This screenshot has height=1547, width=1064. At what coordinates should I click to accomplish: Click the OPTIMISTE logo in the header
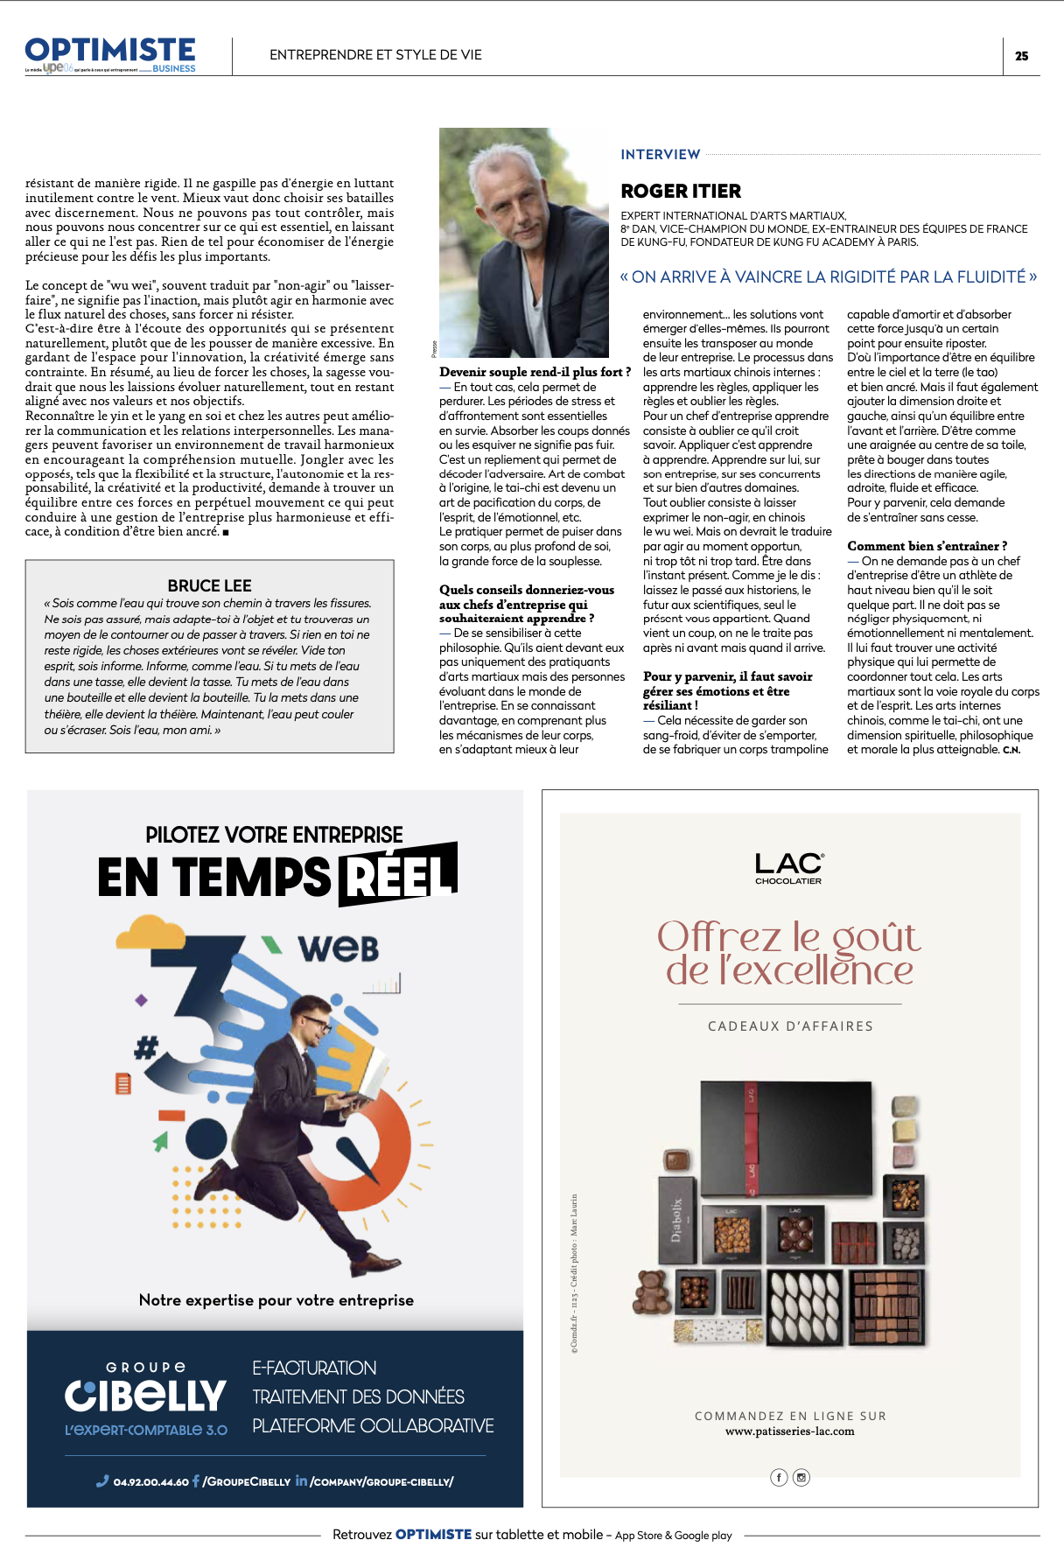pos(110,51)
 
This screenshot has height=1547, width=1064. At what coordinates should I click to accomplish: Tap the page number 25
pos(1021,56)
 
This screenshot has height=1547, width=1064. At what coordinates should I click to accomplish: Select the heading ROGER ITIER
pos(681,192)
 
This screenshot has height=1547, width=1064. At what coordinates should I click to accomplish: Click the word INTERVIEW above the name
pos(661,155)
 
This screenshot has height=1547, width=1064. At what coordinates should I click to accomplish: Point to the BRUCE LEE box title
pos(209,585)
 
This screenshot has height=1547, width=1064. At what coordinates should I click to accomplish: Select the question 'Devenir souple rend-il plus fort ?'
pos(535,372)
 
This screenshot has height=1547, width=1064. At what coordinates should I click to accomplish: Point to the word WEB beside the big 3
pos(339,948)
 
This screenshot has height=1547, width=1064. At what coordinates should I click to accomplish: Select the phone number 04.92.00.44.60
pos(150,1482)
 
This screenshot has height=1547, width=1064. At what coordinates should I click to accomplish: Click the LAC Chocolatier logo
pos(788,868)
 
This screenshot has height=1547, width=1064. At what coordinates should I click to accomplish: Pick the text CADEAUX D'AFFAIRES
pos(790,1026)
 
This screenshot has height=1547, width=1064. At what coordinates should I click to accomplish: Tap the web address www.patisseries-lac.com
pos(789,1431)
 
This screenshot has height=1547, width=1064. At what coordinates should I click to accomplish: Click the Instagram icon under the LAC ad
pos(801,1477)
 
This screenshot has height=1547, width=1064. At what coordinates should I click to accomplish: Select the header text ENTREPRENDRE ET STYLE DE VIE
pos(375,55)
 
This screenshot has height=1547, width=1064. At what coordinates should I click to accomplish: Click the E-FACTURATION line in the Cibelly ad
pos(314,1368)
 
